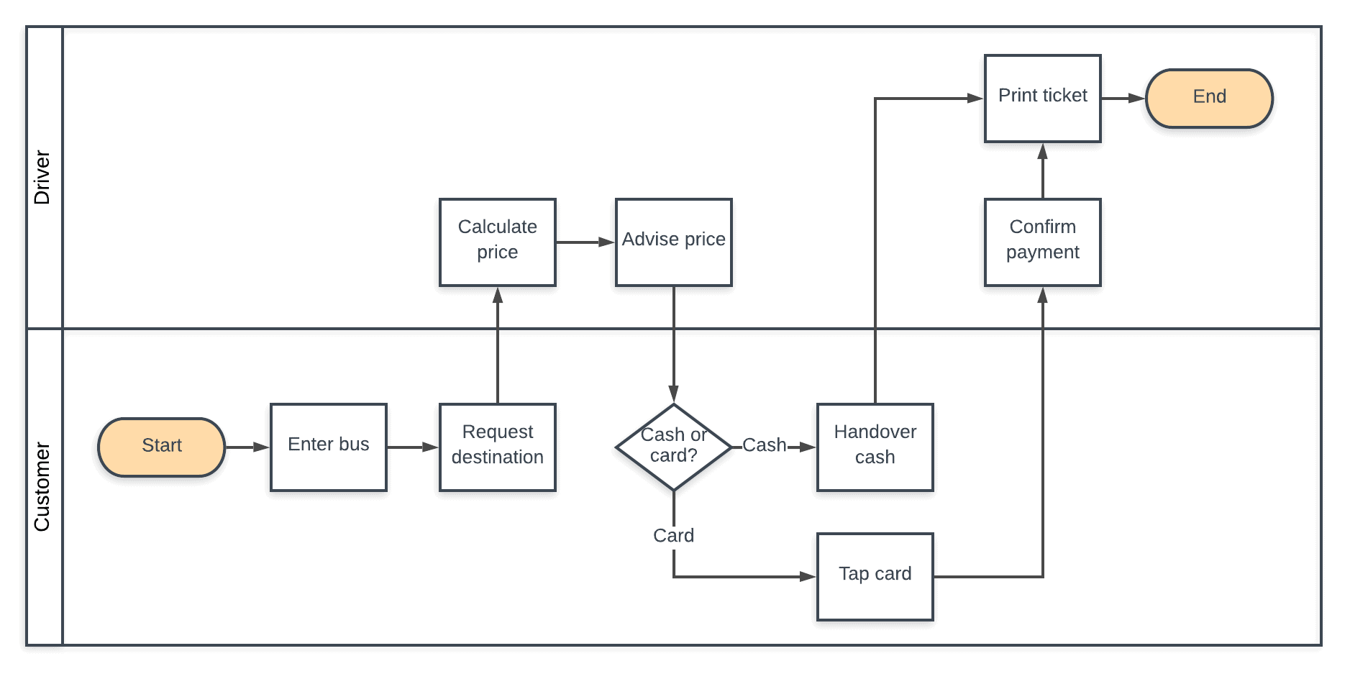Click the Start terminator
tap(162, 447)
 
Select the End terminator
tap(1208, 98)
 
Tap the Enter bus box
tap(328, 447)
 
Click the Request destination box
tap(497, 447)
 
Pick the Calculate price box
tap(497, 242)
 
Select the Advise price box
tap(673, 242)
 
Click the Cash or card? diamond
tap(673, 447)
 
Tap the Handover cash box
tap(875, 447)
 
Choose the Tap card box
tap(875, 576)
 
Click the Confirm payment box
tap(1042, 242)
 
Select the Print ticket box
tap(1042, 98)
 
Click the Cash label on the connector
tap(764, 445)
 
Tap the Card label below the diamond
tap(673, 535)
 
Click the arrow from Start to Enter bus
tap(247, 447)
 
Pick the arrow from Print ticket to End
tap(1123, 98)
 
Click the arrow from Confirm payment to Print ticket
tap(1042, 170)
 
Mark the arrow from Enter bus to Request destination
tap(413, 447)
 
